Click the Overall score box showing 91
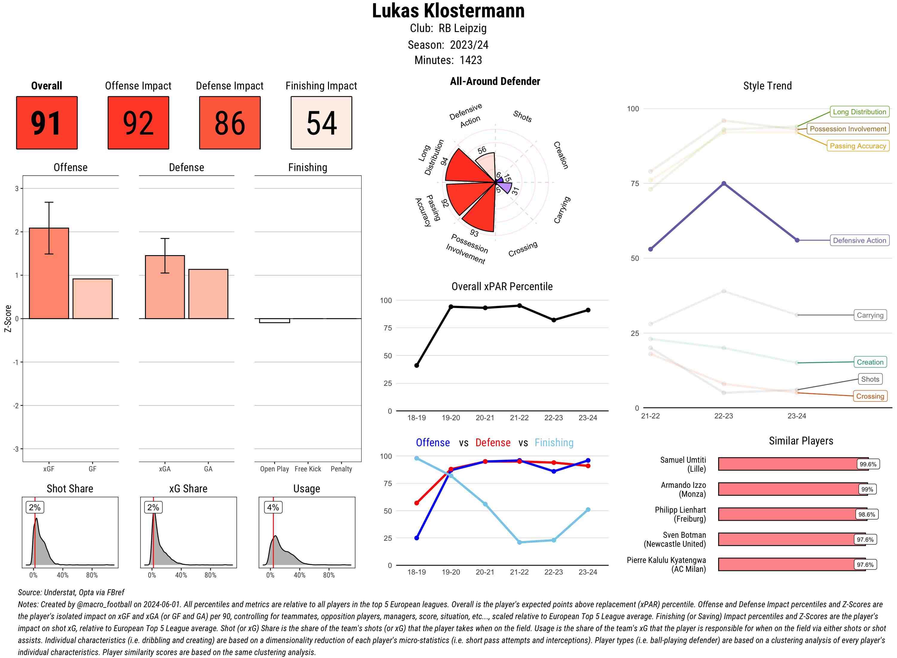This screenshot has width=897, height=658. tap(47, 123)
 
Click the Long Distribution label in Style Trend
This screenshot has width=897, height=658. tap(859, 112)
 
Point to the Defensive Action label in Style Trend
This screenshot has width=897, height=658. tap(859, 240)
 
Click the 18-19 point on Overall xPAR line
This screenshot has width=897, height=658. tap(417, 365)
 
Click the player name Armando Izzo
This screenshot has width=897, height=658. tap(683, 485)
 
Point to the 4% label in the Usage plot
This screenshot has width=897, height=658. tap(273, 508)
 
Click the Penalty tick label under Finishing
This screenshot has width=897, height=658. tap(341, 469)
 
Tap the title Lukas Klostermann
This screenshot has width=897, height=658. tap(448, 11)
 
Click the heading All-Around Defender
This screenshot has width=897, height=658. tap(495, 81)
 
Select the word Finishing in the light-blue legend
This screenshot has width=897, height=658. tap(554, 443)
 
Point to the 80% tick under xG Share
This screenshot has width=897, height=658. tap(210, 575)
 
